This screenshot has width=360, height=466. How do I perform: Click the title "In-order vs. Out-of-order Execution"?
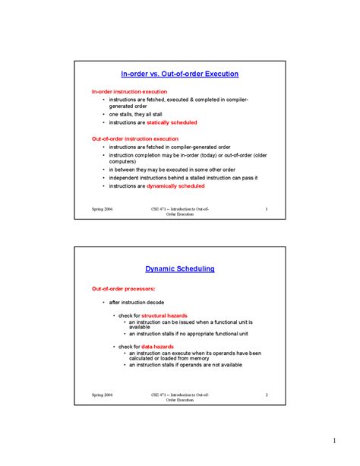click(x=180, y=74)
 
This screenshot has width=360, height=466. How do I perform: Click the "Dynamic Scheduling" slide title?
click(x=180, y=268)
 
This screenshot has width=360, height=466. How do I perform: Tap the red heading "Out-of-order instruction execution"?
click(x=135, y=139)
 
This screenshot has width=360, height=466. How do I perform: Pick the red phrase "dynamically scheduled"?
click(x=177, y=185)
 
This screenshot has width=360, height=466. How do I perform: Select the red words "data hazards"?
click(x=157, y=346)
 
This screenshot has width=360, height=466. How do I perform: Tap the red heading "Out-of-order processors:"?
click(x=123, y=289)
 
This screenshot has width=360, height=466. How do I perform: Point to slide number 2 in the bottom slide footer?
click(x=267, y=395)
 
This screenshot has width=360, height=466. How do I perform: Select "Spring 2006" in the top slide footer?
click(x=103, y=208)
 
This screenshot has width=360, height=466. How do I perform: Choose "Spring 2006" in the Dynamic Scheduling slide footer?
click(x=103, y=395)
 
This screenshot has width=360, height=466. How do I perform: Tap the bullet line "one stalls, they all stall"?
click(x=136, y=114)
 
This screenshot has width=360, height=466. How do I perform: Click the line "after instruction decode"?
click(x=137, y=302)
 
